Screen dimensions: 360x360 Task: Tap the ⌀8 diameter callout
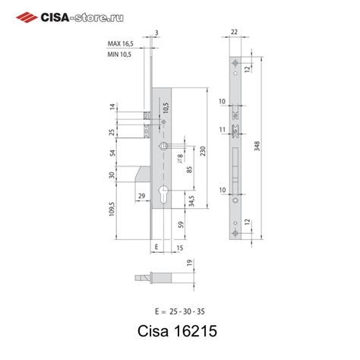(x=179, y=157)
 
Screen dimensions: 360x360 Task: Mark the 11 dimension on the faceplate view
(x=222, y=130)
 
